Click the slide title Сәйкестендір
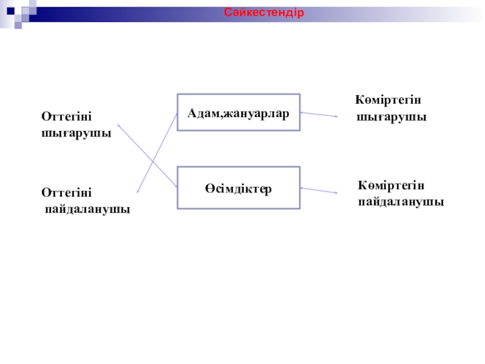click(x=263, y=13)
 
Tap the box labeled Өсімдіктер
click(x=238, y=188)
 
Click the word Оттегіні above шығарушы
click(x=69, y=115)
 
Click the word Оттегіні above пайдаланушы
click(x=67, y=192)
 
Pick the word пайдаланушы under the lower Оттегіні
click(x=89, y=209)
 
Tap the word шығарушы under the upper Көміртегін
click(x=392, y=116)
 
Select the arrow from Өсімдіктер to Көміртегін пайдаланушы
click(x=318, y=190)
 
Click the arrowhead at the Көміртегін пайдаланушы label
click(x=335, y=193)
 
